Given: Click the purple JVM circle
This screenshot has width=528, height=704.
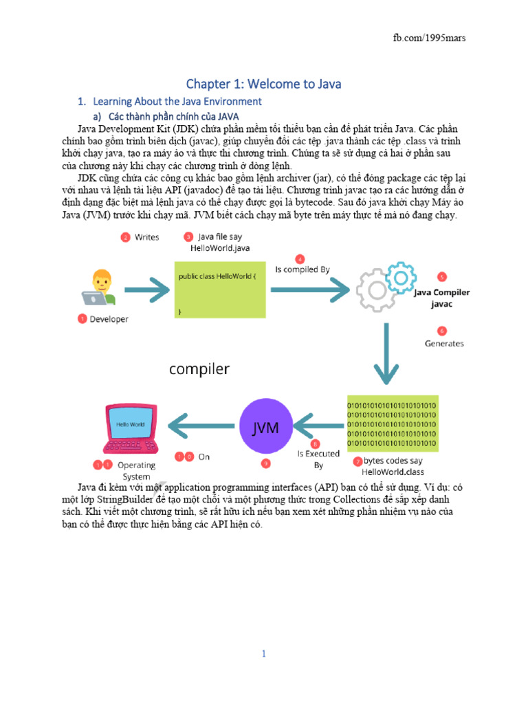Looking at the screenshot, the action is click(266, 426).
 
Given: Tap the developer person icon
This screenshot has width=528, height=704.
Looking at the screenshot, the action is click(99, 287).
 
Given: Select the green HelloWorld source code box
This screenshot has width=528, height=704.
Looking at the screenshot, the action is click(220, 289).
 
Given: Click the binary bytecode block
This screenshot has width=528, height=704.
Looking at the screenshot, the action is click(393, 423).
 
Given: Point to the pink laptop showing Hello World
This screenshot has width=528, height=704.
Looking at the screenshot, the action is click(131, 428).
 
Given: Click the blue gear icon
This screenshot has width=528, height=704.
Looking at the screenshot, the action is click(401, 278).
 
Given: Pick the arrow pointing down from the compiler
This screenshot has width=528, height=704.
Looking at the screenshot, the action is click(386, 354).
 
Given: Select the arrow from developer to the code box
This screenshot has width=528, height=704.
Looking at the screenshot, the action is click(147, 290).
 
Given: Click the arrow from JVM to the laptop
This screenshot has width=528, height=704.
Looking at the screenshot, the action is click(201, 426).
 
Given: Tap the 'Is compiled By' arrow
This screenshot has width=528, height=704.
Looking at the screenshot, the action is click(310, 289).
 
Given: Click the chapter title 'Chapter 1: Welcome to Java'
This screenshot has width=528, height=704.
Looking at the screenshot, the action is click(263, 84).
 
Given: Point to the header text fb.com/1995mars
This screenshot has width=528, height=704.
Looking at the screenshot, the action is click(429, 38).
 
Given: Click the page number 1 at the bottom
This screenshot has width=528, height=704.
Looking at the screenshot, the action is click(263, 654).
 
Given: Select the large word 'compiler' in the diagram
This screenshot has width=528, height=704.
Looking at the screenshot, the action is click(199, 369).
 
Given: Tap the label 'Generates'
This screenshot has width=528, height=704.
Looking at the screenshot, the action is click(444, 344).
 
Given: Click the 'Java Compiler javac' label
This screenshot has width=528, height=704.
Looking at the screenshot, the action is click(442, 298).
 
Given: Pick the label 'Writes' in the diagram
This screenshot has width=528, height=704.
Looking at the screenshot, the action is click(147, 237).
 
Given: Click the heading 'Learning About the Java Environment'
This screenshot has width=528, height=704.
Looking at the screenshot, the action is click(177, 102).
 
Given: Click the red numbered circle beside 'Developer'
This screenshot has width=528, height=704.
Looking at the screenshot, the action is click(82, 319).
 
